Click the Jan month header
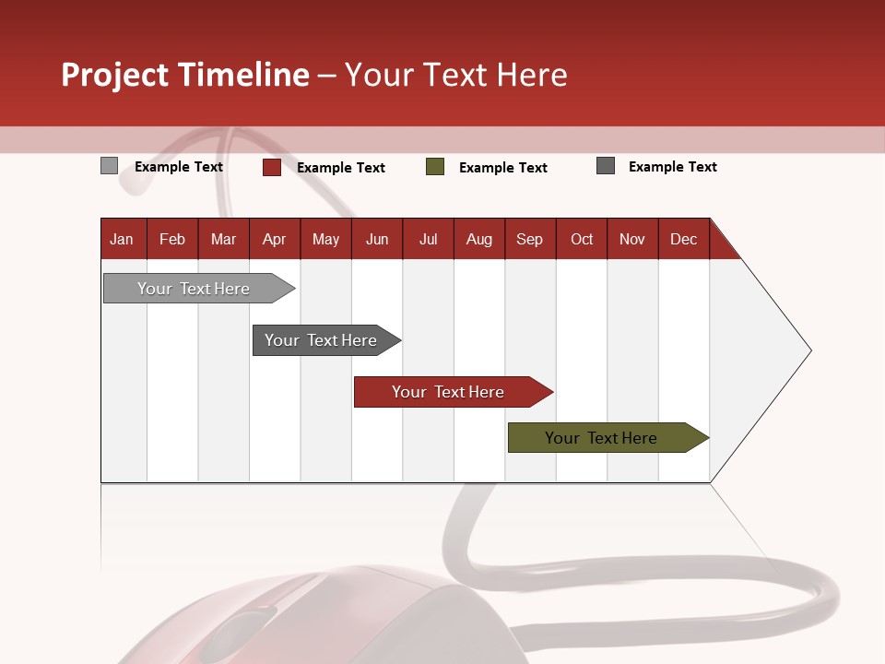tap(122, 240)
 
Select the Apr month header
tap(274, 240)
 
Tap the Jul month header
tap(428, 240)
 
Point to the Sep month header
tap(529, 240)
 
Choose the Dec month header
tap(683, 240)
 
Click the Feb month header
tap(172, 240)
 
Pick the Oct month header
tap(582, 240)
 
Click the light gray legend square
tap(109, 166)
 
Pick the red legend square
tap(271, 167)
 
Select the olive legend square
tap(435, 167)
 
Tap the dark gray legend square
tap(606, 166)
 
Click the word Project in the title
tap(115, 75)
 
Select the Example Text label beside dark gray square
tap(672, 167)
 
